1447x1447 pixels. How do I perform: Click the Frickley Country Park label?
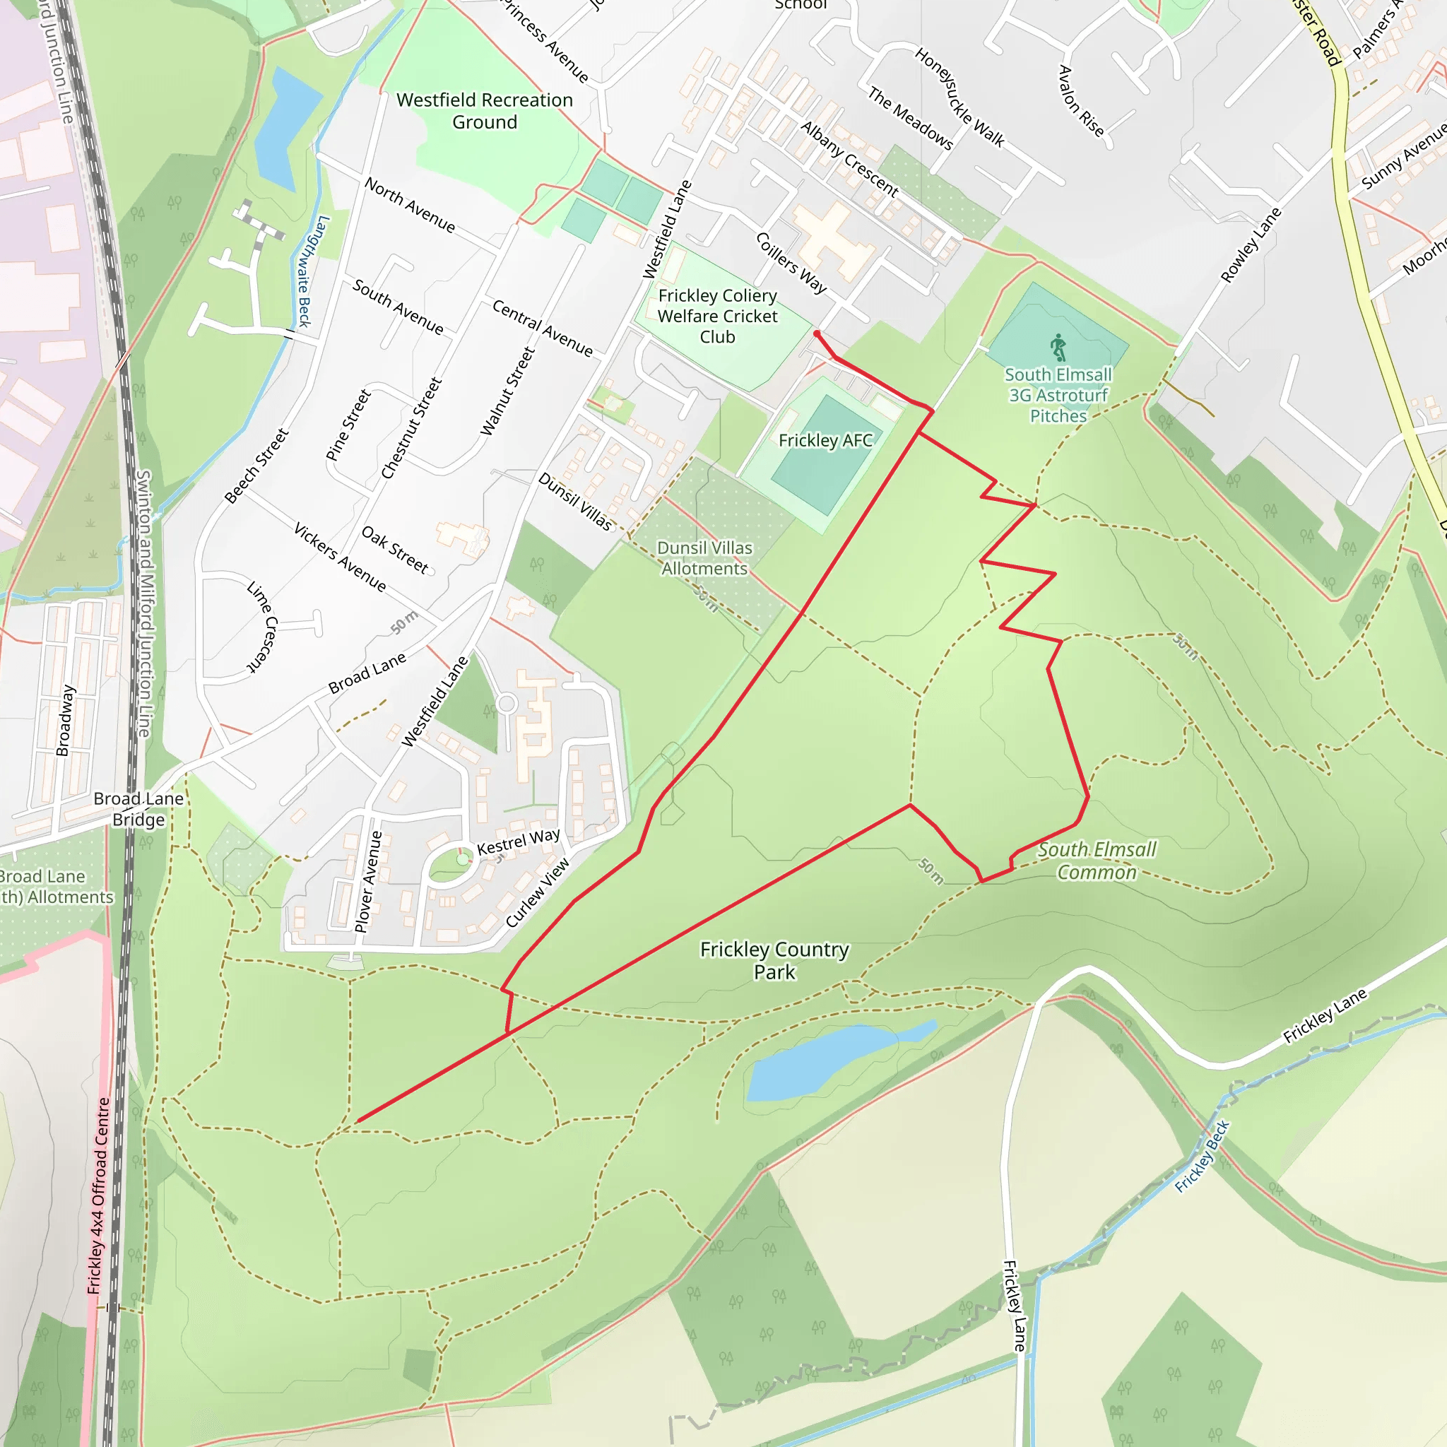(x=774, y=960)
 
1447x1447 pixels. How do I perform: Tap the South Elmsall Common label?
(x=1097, y=861)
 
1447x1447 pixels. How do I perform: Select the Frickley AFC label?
(x=825, y=440)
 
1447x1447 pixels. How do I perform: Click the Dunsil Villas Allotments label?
(x=704, y=558)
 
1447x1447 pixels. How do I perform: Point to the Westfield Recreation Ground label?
(x=485, y=111)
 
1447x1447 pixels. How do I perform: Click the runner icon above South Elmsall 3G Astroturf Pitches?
(x=1058, y=348)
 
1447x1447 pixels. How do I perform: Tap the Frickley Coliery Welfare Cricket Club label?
(x=718, y=316)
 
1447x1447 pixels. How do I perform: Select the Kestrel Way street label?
(x=519, y=841)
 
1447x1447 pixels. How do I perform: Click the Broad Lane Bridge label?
(x=138, y=809)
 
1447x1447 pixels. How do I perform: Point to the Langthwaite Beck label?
(x=302, y=271)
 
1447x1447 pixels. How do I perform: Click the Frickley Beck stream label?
(x=1201, y=1157)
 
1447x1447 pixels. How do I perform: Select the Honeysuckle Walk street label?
(x=959, y=97)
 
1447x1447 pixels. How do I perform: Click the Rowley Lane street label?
(x=1251, y=246)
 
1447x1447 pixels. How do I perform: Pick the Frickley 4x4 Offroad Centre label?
(x=98, y=1195)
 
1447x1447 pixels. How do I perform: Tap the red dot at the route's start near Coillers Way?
(x=816, y=334)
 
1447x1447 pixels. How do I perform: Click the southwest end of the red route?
(x=359, y=1121)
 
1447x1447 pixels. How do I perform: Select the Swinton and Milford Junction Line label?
(x=144, y=603)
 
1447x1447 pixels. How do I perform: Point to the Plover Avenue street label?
(x=369, y=882)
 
